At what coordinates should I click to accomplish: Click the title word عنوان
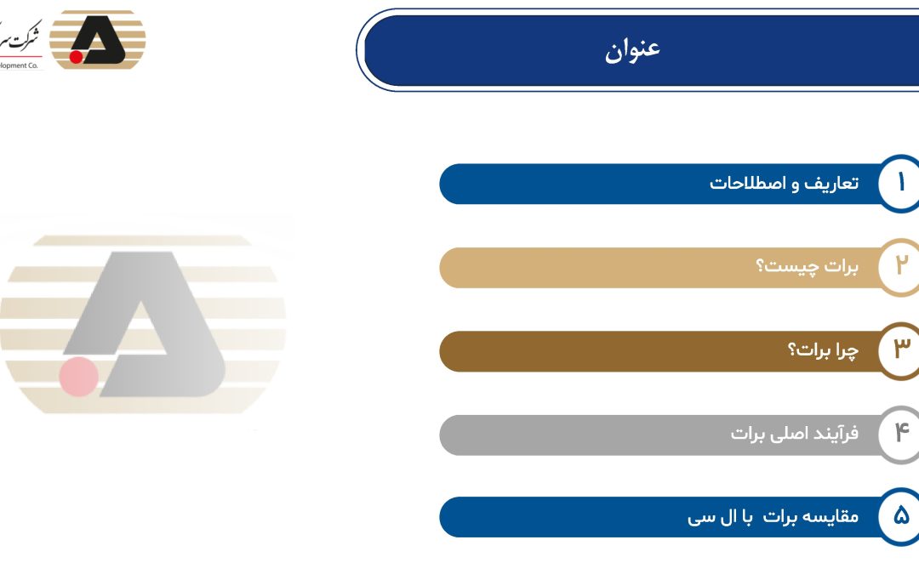point(633,49)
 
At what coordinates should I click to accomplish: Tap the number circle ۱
point(900,183)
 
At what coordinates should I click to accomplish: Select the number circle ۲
point(900,266)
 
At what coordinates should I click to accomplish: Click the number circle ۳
point(900,350)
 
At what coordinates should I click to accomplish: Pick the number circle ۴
point(900,434)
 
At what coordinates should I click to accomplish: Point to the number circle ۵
point(900,516)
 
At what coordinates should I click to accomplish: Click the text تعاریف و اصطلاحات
point(784,183)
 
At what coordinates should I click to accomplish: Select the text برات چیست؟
point(807,267)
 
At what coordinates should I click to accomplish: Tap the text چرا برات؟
point(823,350)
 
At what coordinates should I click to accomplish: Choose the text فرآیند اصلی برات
point(794,434)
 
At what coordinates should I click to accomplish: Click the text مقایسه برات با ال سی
point(773,517)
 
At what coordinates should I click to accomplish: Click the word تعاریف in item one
point(831,183)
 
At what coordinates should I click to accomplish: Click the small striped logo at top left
point(97,39)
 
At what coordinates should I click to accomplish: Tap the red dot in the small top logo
point(76,57)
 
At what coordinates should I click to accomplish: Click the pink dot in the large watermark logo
point(79,377)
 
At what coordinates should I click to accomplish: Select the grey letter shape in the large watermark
point(145,323)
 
